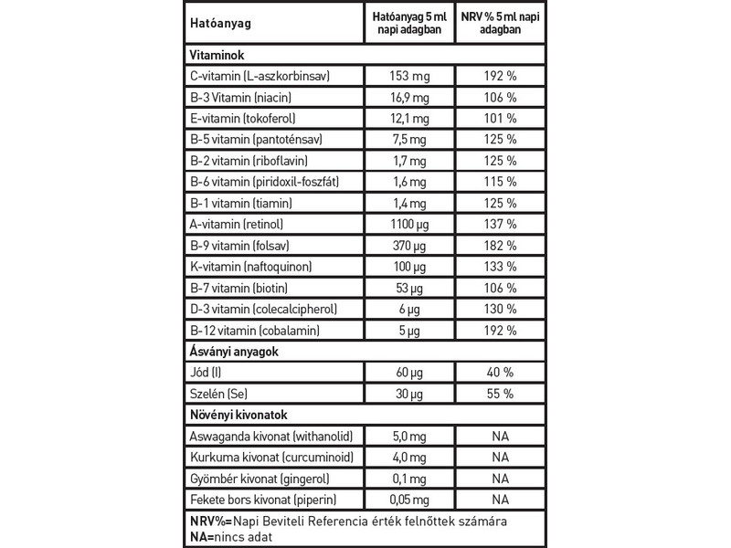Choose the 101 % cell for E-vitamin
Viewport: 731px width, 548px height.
[499, 119]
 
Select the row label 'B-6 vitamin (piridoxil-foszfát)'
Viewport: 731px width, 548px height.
[261, 182]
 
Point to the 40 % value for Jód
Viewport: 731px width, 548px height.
[499, 373]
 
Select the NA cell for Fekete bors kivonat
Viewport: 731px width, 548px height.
[499, 500]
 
